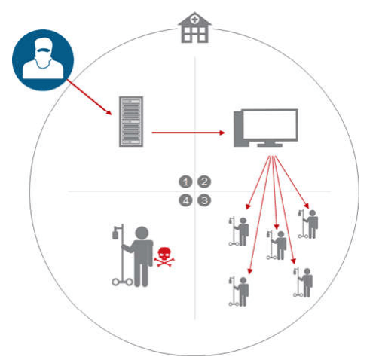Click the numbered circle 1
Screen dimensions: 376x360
pyautogui.click(x=185, y=182)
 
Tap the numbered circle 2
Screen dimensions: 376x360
pyautogui.click(x=204, y=182)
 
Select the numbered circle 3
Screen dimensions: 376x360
pyautogui.click(x=204, y=200)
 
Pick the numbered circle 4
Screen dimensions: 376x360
pyautogui.click(x=185, y=200)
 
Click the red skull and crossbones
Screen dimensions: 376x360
pyautogui.click(x=164, y=257)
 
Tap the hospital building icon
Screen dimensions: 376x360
pyautogui.click(x=194, y=27)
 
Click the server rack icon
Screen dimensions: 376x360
pyautogui.click(x=131, y=121)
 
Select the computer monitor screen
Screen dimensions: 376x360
pyautogui.click(x=269, y=124)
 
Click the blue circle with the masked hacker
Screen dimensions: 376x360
pyautogui.click(x=43, y=60)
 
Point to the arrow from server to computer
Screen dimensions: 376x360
pyautogui.click(x=188, y=133)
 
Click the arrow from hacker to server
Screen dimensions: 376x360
pyautogui.click(x=89, y=97)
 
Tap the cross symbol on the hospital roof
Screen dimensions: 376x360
pyautogui.click(x=194, y=20)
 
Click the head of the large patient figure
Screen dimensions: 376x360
pyautogui.click(x=142, y=233)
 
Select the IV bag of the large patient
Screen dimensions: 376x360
pyautogui.click(x=115, y=233)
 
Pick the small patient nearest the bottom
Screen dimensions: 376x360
pyautogui.click(x=239, y=291)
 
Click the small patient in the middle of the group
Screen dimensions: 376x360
pyautogui.click(x=277, y=245)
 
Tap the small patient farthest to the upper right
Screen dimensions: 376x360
pyautogui.click(x=308, y=224)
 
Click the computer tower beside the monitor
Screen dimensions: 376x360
pyautogui.click(x=238, y=129)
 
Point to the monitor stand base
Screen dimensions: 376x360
pyautogui.click(x=270, y=144)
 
